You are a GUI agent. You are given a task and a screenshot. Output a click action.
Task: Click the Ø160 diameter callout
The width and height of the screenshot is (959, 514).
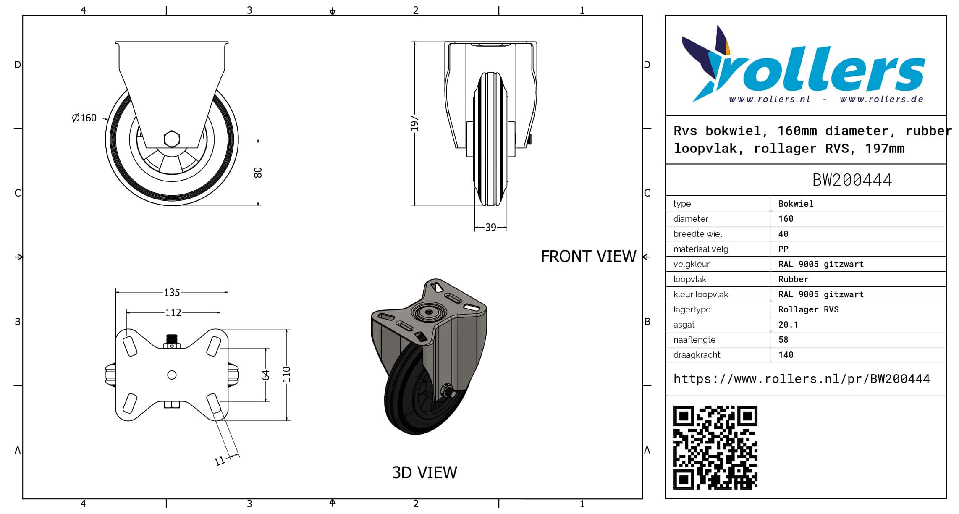point(84,118)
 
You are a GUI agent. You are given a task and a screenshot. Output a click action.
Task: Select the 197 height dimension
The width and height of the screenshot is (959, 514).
point(415,123)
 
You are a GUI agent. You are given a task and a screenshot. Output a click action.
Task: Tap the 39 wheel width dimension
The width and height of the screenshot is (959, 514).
point(490,227)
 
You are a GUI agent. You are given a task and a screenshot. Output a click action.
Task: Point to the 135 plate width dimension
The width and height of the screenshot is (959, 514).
point(172,292)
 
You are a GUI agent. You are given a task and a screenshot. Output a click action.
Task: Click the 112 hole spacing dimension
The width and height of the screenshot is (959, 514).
point(173,312)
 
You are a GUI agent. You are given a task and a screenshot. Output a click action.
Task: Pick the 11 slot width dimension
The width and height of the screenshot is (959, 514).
point(220,461)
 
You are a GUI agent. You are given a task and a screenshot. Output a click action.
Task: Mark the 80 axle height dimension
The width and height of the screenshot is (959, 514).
point(258,173)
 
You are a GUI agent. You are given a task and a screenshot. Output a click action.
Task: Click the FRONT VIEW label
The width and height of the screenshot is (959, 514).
point(588,256)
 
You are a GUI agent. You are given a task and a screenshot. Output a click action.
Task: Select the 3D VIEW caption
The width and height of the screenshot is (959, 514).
point(424,472)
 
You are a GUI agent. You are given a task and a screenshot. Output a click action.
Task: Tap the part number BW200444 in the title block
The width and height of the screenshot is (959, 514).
point(852,180)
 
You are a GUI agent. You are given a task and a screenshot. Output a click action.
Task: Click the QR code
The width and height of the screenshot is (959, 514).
point(715,447)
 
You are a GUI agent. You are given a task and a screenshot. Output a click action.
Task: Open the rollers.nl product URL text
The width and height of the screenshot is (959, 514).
point(802,379)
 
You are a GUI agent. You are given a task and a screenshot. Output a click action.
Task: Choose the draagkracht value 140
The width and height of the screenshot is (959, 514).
point(786,355)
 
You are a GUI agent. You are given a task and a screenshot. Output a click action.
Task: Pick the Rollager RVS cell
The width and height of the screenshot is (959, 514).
point(808,309)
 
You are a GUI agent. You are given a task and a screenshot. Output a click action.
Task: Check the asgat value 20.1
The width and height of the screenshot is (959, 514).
point(788,325)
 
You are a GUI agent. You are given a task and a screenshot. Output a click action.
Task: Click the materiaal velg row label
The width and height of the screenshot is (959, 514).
point(701,249)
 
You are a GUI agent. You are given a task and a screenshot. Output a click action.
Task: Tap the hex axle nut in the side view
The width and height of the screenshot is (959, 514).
point(172,139)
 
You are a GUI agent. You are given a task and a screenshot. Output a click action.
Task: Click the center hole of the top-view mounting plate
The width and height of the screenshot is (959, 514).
point(172,375)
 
